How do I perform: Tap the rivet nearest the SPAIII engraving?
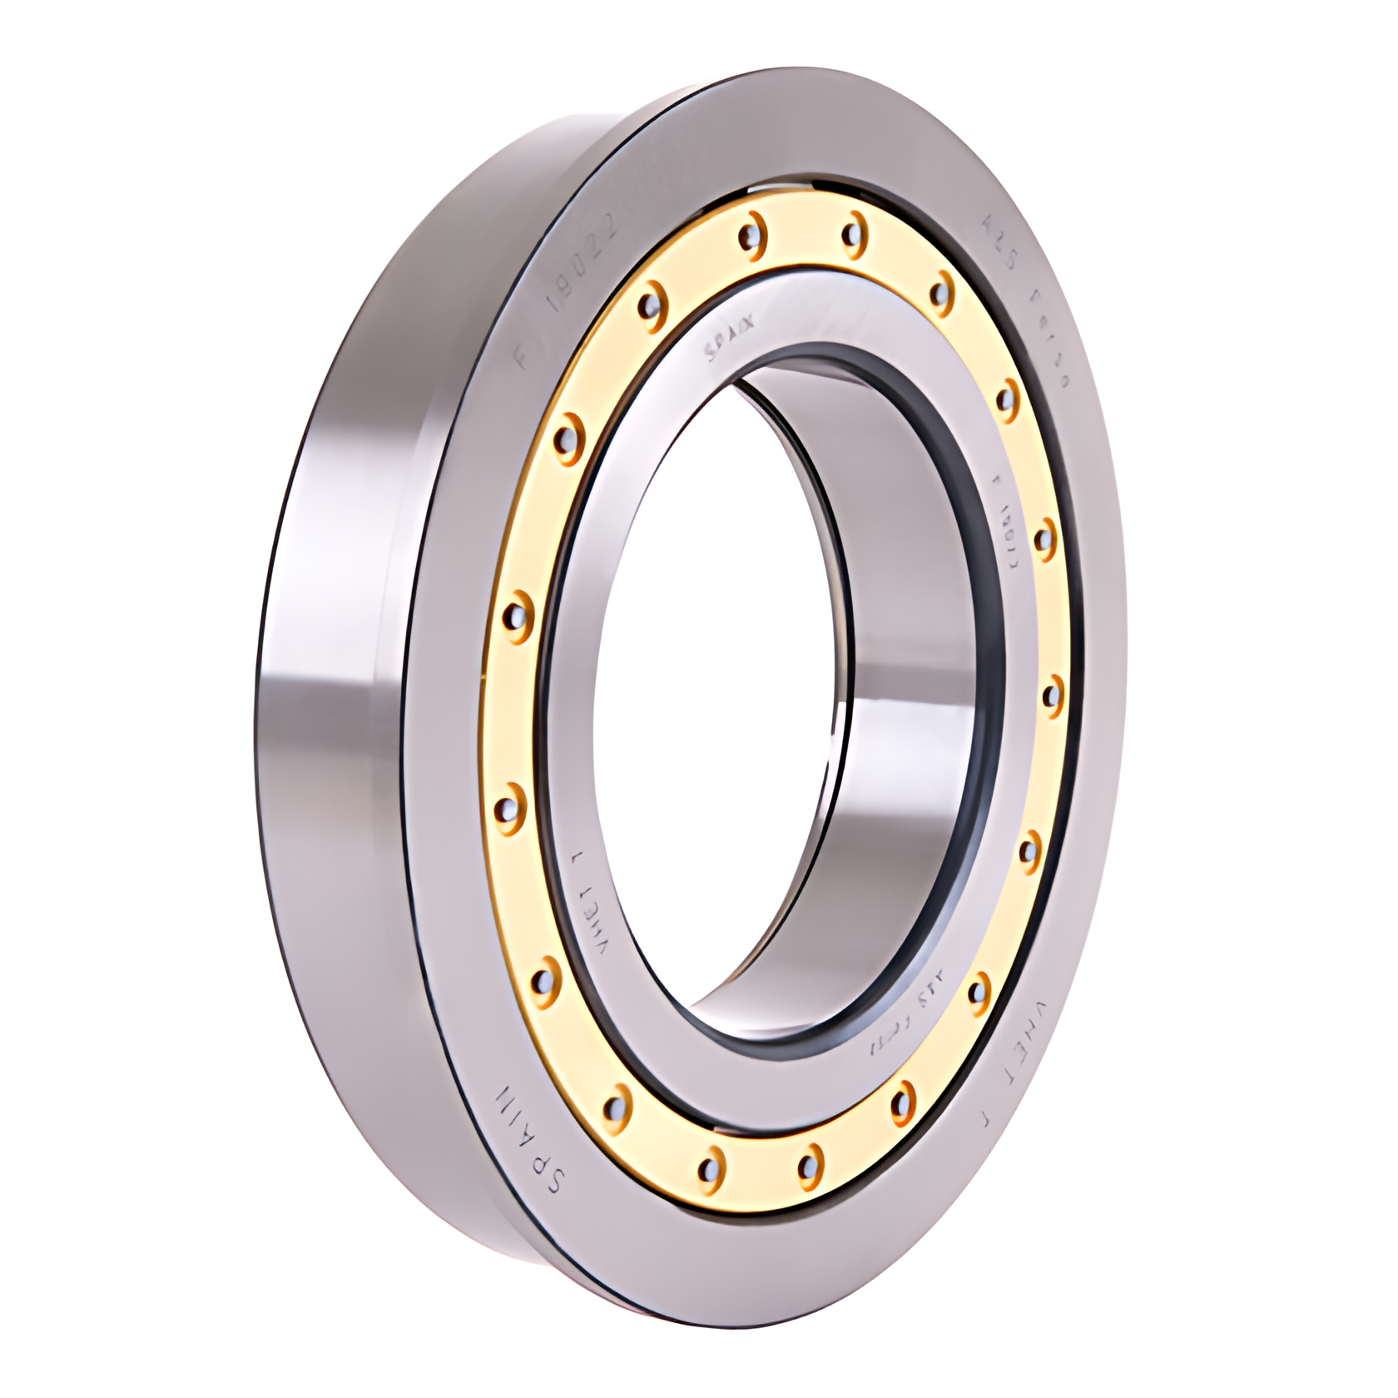tap(614, 1104)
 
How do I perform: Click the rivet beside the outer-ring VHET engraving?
tap(980, 989)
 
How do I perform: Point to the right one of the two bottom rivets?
tap(806, 1165)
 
